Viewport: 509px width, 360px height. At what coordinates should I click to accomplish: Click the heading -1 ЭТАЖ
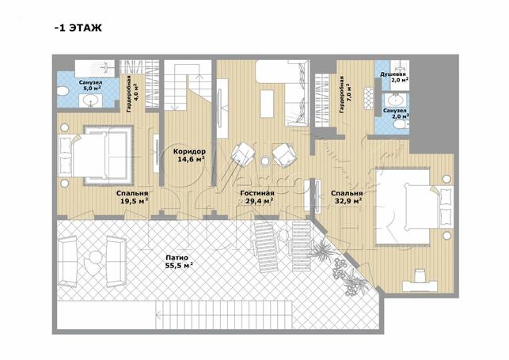[78, 28]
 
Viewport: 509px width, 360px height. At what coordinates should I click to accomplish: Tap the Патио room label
[177, 258]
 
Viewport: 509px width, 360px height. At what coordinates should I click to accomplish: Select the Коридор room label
[189, 151]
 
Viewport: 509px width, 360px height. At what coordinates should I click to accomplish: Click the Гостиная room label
[257, 193]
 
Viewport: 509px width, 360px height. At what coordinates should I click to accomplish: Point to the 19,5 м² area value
[135, 201]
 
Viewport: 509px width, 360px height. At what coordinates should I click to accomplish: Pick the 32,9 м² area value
[348, 201]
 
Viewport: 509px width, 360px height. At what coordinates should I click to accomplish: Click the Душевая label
[393, 74]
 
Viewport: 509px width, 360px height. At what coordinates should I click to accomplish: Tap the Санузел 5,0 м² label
[90, 85]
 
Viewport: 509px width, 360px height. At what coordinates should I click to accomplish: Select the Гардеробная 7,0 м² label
[344, 95]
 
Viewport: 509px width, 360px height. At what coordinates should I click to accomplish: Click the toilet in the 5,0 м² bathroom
[63, 91]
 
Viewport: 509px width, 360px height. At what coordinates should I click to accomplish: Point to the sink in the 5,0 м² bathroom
[91, 101]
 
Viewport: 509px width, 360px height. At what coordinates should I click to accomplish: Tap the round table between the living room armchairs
[265, 161]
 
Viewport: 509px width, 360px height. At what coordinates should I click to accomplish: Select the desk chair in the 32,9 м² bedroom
[420, 275]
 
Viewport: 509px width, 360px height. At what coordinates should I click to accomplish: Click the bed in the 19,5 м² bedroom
[96, 155]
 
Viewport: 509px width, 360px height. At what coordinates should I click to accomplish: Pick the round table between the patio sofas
[96, 258]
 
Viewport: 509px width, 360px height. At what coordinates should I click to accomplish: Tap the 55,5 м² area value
[179, 266]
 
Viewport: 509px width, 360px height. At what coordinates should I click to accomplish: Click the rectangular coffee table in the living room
[267, 104]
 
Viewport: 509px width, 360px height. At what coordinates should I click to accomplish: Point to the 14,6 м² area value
[192, 159]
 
